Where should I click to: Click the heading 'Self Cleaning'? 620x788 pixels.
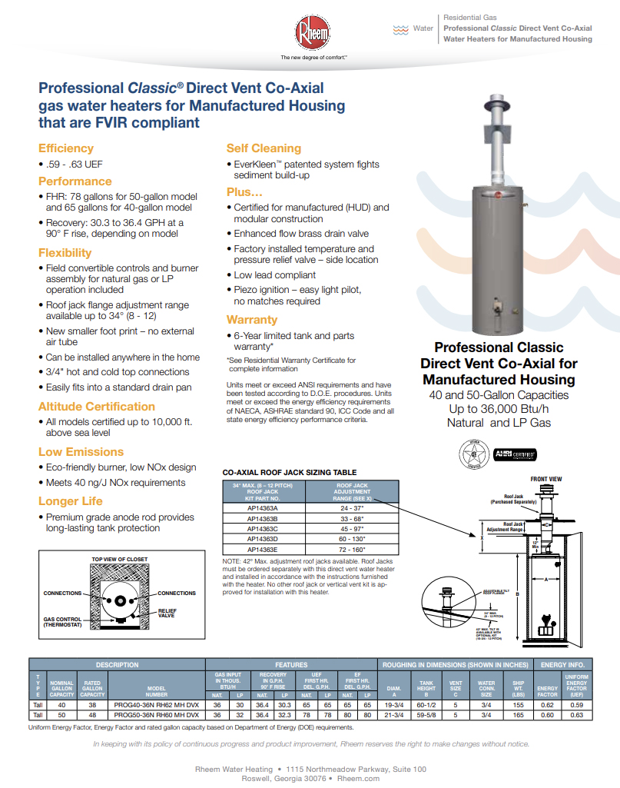point(264,148)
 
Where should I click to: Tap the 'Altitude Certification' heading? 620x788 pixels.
point(97,407)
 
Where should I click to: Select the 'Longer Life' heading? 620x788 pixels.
point(70,501)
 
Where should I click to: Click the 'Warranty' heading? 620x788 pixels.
point(251,320)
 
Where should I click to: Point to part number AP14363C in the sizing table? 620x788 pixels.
point(263,529)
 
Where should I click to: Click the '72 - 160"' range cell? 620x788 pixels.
point(353,551)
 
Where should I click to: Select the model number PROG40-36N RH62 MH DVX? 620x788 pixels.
point(156,704)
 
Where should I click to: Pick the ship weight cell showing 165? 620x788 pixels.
point(518,715)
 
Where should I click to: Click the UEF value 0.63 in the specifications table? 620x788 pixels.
point(576,715)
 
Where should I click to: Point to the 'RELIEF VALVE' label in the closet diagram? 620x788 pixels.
point(167,613)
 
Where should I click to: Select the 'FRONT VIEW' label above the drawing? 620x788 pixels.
point(546,478)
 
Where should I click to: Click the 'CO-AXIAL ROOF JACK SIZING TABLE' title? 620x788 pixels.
point(289,472)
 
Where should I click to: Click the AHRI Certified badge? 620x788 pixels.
point(514,454)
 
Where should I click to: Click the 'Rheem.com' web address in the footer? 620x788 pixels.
point(359,778)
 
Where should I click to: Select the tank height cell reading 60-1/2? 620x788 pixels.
point(426,704)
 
